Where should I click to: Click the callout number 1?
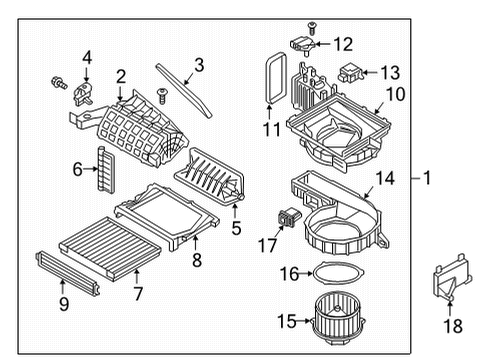tap(427, 179)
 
